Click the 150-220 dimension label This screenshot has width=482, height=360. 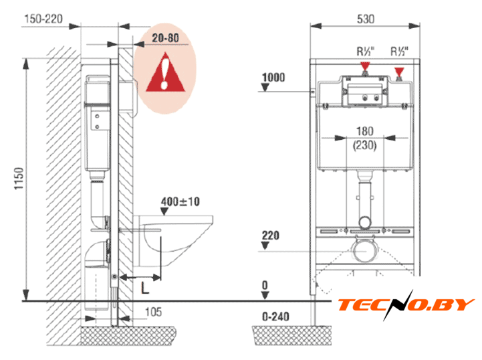pyautogui.click(x=43, y=19)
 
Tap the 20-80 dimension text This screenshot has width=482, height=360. pyautogui.click(x=165, y=38)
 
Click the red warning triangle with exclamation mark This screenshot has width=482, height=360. pyautogui.click(x=165, y=73)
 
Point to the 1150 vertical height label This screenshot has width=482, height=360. pyautogui.click(x=19, y=179)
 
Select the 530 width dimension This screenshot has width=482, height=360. pyautogui.click(x=366, y=19)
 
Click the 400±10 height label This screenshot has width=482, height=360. pyautogui.click(x=180, y=202)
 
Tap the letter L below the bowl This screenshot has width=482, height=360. pyautogui.click(x=145, y=288)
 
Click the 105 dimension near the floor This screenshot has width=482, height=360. pyautogui.click(x=153, y=312)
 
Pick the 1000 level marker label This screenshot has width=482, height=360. pyautogui.click(x=273, y=77)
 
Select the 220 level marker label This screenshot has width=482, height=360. pyautogui.click(x=271, y=236)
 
